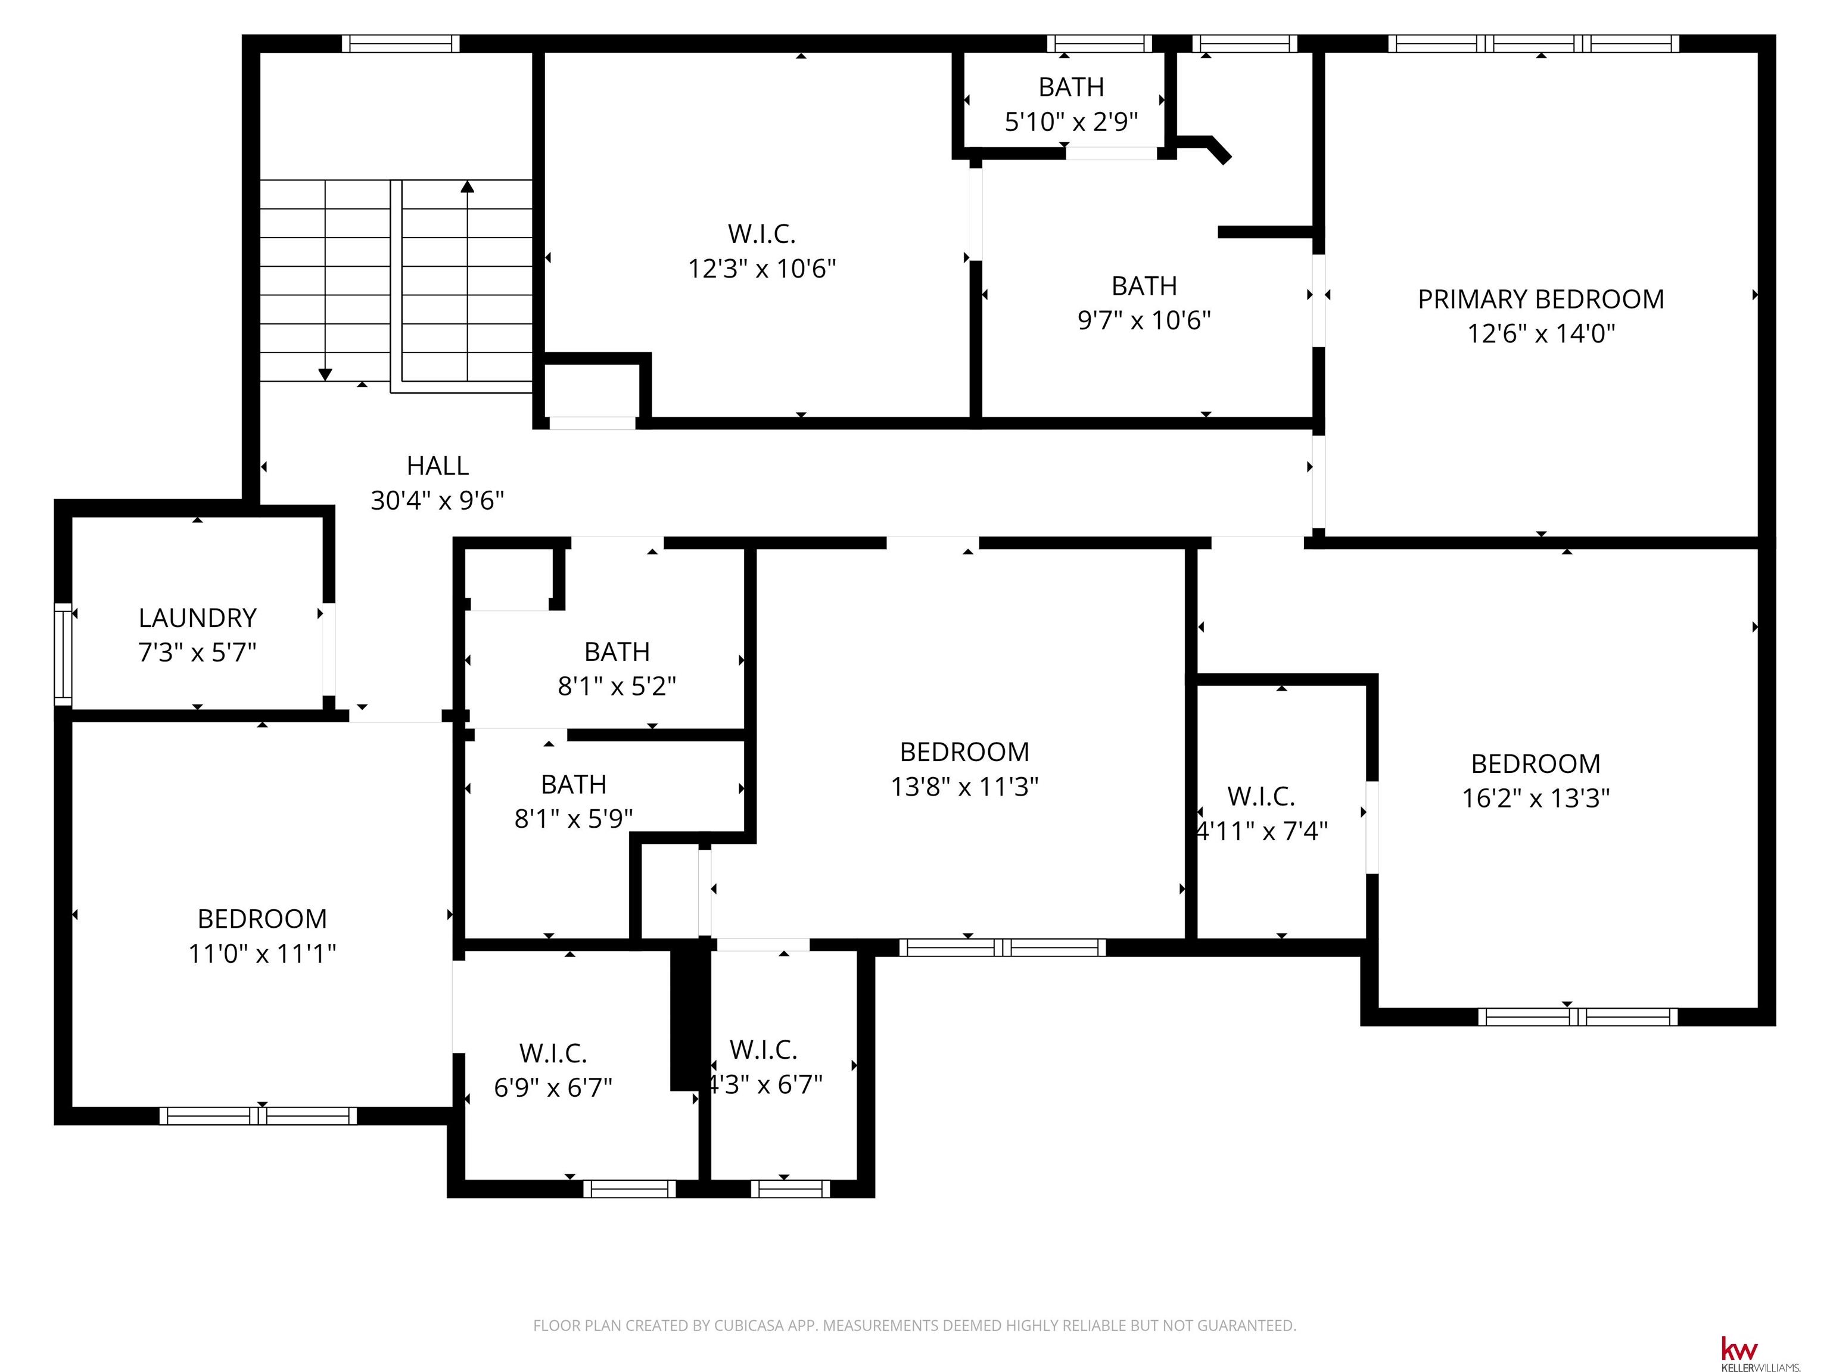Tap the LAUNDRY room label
198,618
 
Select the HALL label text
438,466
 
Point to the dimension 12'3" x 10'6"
762,269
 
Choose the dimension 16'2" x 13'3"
1536,798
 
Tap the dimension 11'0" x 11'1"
262,953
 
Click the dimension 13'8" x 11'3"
964,787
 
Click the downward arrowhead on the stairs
325,375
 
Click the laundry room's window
63,655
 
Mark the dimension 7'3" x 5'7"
198,653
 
